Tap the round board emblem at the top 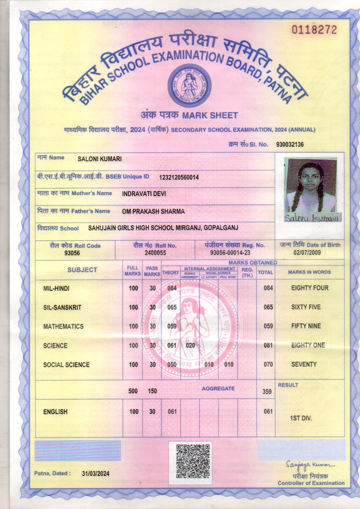coord(189,86)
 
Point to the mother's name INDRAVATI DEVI coord(144,194)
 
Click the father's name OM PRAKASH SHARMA coord(154,211)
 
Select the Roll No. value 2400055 coord(155,253)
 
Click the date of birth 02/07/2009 coord(310,253)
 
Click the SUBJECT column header coord(82,270)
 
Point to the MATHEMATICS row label coord(64,327)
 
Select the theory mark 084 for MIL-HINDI coord(172,288)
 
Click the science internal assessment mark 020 coord(190,346)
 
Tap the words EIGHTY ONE coord(308,345)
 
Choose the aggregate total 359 coord(267,392)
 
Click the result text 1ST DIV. coord(301,418)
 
